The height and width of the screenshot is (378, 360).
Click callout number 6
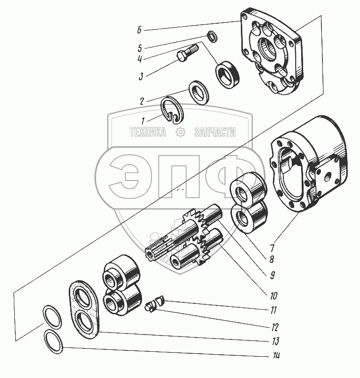coord(140,30)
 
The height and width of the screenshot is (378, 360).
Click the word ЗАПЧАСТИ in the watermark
coord(215,132)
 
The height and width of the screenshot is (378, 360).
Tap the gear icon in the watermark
coord(180,132)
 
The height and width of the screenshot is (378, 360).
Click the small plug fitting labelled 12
coord(150,309)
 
